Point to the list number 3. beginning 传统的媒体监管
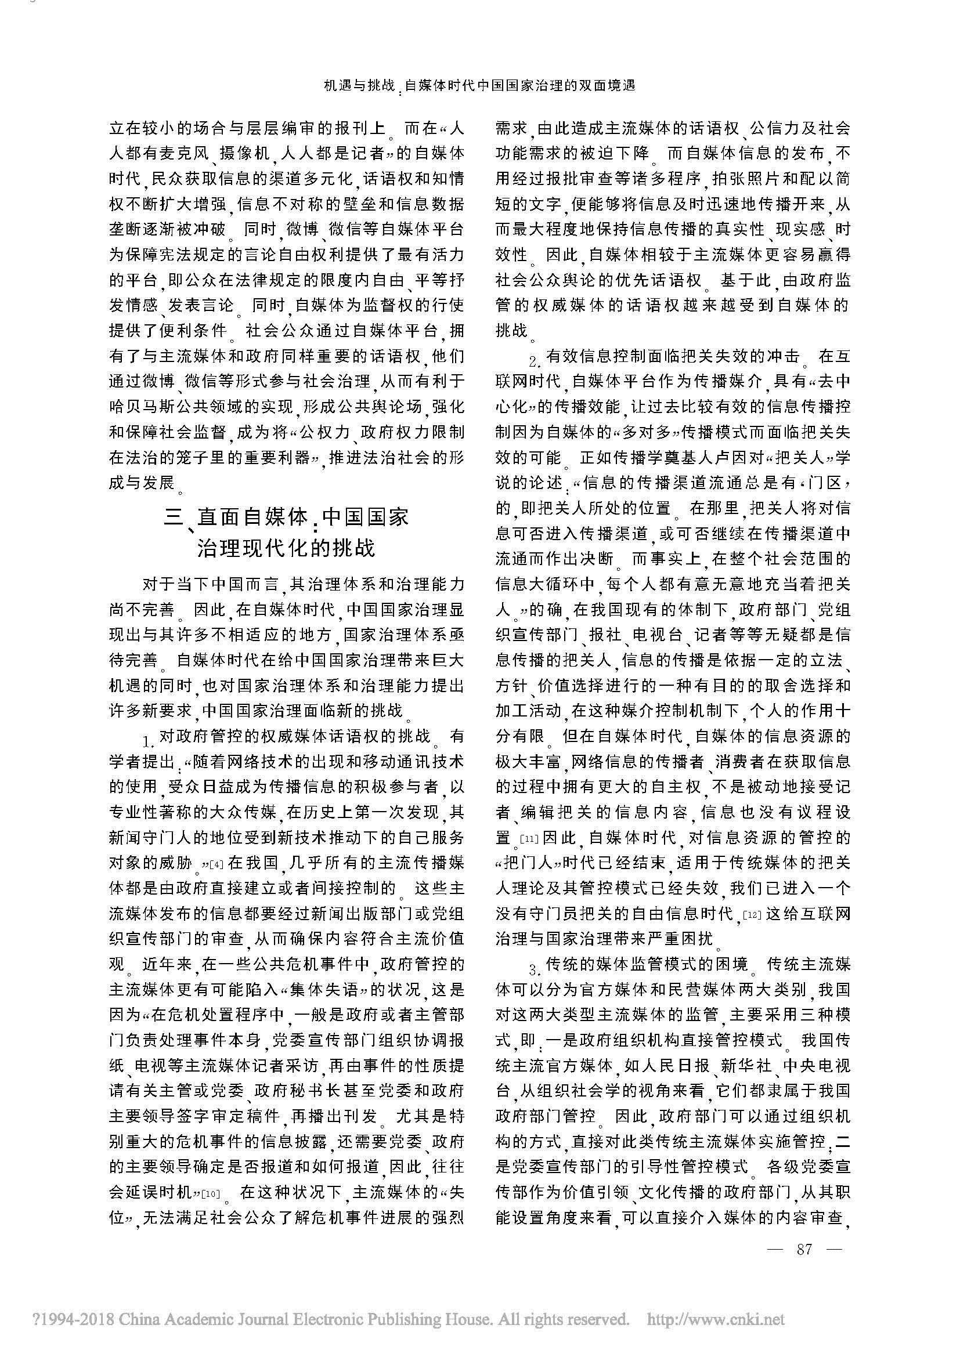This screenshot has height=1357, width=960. (534, 967)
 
